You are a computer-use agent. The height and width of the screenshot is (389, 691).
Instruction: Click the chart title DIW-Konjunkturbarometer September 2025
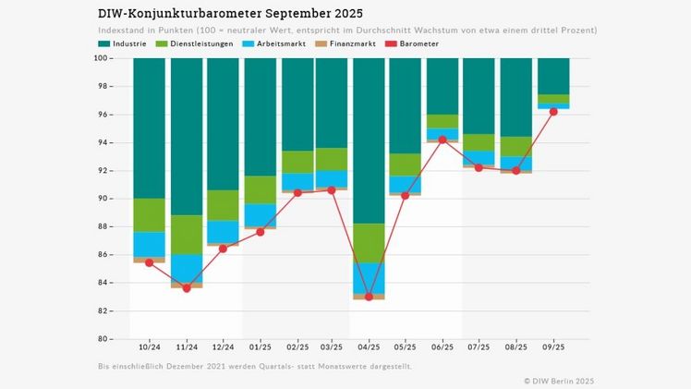tap(230, 14)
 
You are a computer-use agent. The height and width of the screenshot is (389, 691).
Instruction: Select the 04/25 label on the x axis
tap(369, 348)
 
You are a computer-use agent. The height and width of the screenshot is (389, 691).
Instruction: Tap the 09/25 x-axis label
tap(553, 348)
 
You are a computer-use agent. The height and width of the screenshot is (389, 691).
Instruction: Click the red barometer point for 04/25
tap(369, 297)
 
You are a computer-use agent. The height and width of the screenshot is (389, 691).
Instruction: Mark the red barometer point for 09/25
tap(553, 111)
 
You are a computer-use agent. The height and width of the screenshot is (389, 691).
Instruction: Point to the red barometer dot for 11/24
tap(187, 287)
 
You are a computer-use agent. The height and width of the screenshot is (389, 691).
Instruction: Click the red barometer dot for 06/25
tap(442, 140)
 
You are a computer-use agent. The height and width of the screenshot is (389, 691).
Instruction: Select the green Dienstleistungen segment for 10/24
tap(149, 215)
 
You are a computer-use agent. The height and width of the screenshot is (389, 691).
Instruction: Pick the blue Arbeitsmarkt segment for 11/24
tap(187, 268)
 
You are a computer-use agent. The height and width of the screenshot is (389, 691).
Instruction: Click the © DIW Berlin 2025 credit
tap(559, 380)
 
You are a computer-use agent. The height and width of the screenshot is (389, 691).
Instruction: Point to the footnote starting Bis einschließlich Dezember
tap(254, 367)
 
